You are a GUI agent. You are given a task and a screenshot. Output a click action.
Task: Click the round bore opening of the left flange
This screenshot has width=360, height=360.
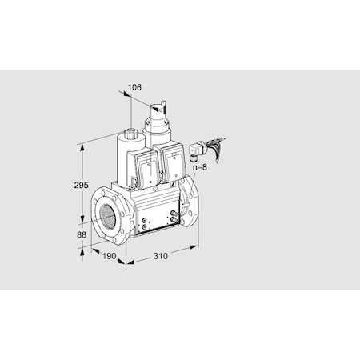pyautogui.click(x=105, y=216)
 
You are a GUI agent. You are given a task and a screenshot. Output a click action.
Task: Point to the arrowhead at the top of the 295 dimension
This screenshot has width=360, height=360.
pyautogui.click(x=80, y=146)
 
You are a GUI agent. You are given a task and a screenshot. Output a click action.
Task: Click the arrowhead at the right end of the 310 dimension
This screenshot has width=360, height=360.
pyautogui.click(x=196, y=249)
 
